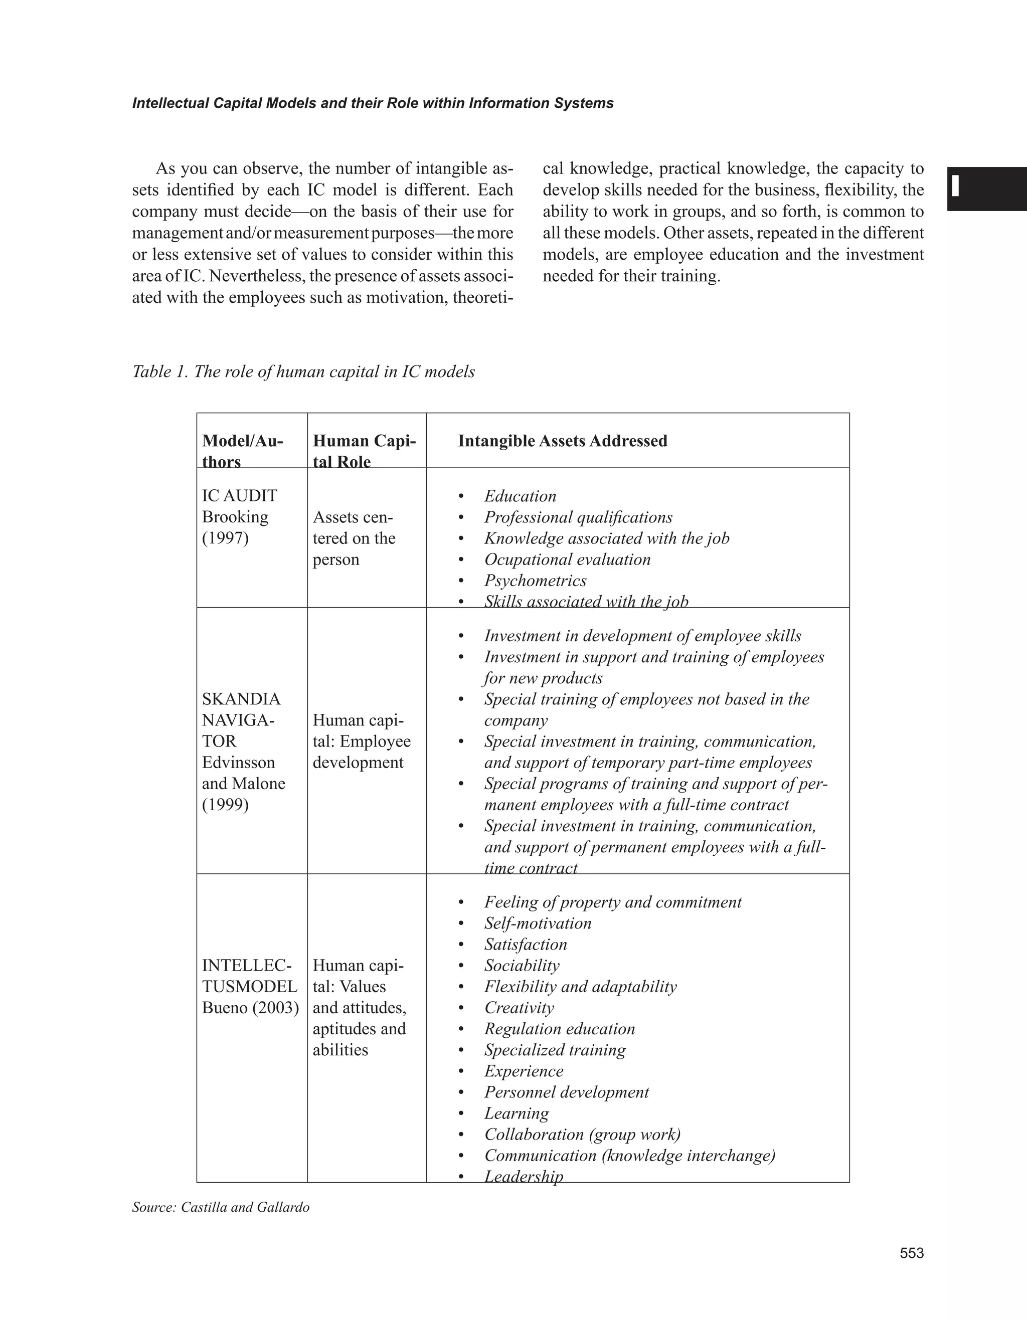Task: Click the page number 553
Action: click(x=912, y=1253)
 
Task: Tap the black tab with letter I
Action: click(x=986, y=188)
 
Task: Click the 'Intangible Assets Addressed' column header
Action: click(x=562, y=441)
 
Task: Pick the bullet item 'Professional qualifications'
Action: click(x=578, y=517)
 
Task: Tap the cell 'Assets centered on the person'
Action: click(x=354, y=538)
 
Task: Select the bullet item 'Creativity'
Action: click(x=519, y=1008)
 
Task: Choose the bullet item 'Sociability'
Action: click(x=522, y=965)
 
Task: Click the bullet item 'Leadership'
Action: click(x=524, y=1176)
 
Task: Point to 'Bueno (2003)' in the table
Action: click(x=250, y=1008)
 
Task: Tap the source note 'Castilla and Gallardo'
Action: click(x=245, y=1208)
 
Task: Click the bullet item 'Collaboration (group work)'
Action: click(x=582, y=1134)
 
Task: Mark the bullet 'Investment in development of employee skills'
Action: click(x=642, y=635)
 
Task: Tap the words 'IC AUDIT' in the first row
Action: click(x=239, y=496)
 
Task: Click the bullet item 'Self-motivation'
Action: click(x=538, y=923)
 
